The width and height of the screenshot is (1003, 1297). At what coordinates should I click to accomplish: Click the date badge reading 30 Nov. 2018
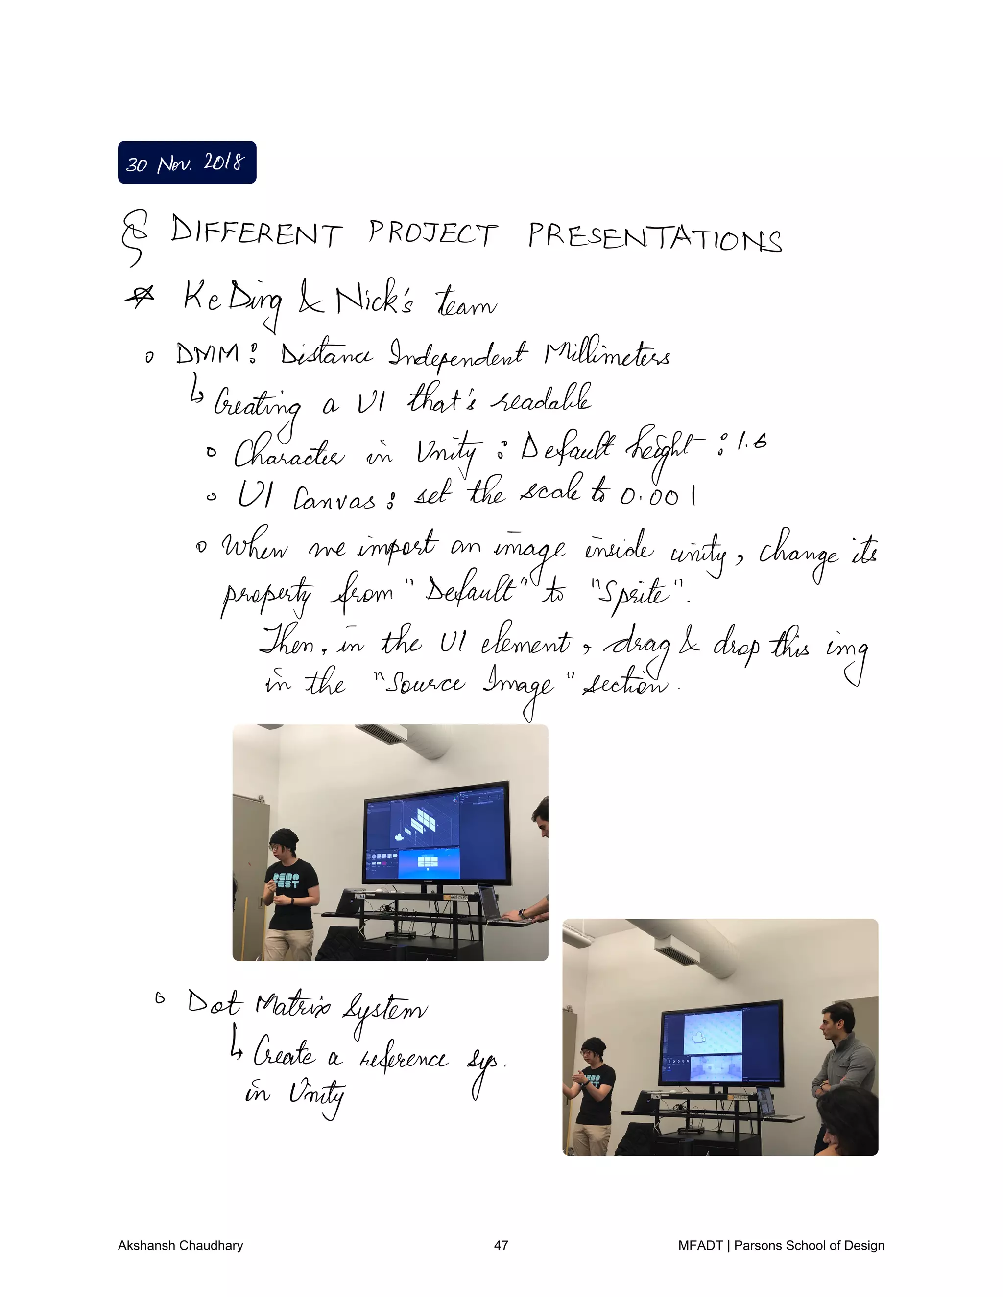click(187, 162)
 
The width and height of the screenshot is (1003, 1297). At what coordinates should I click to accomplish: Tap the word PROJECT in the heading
click(432, 233)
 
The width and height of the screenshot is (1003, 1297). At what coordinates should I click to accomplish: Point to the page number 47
click(501, 1245)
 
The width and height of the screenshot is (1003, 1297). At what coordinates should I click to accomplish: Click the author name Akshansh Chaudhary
click(180, 1245)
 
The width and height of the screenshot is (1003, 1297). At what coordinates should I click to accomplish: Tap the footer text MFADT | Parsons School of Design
click(781, 1245)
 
